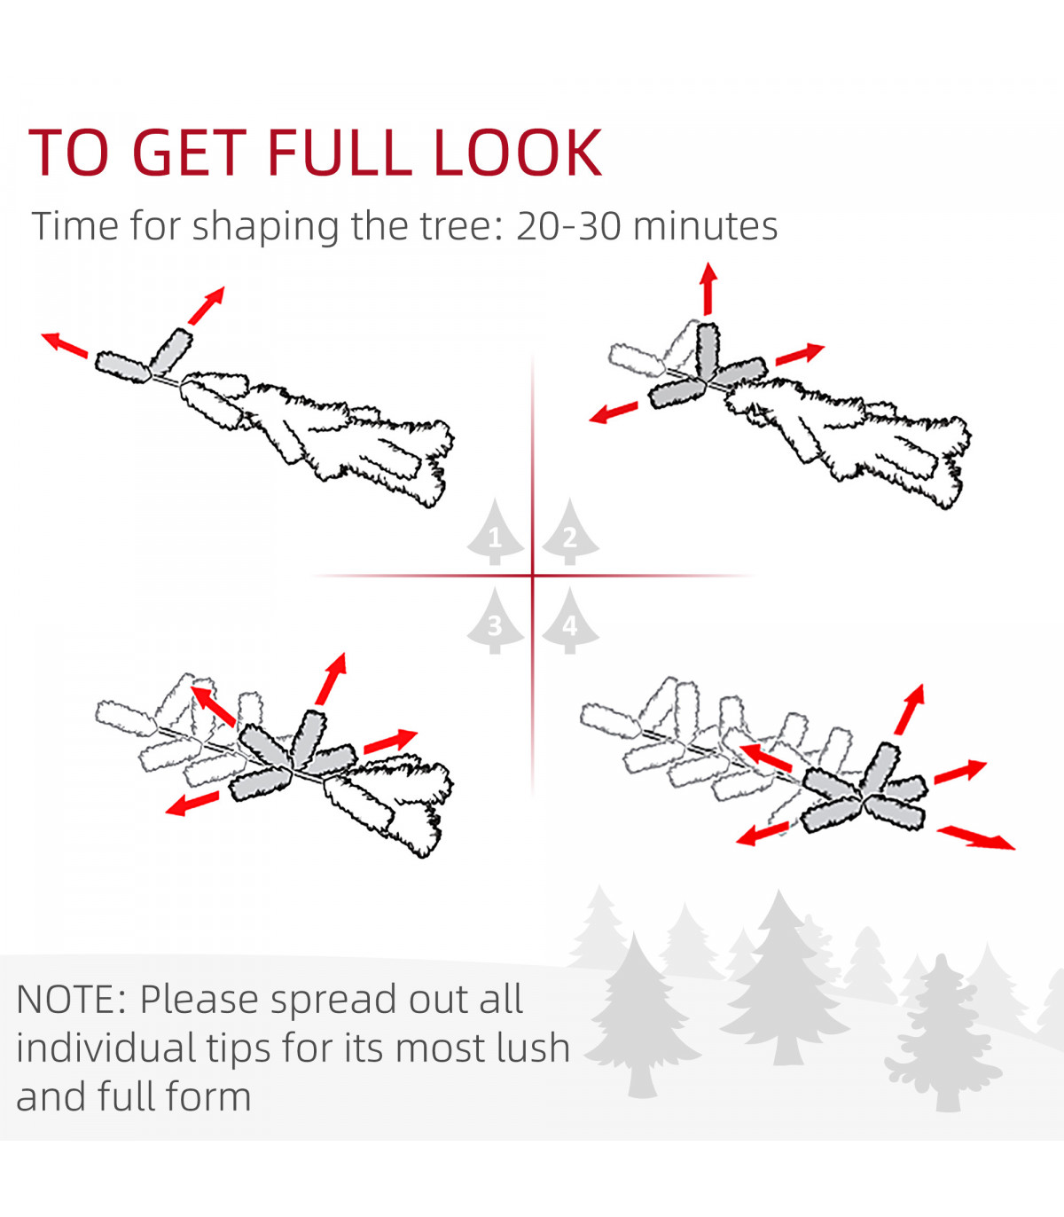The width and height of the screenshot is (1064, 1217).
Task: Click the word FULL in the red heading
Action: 340,153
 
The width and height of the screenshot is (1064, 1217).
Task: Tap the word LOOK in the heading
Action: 518,153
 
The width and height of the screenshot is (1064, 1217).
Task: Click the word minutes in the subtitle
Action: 705,226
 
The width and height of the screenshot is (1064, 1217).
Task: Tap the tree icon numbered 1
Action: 495,532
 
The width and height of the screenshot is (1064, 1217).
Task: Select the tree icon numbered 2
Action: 570,532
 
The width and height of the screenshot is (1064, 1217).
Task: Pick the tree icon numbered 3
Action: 495,621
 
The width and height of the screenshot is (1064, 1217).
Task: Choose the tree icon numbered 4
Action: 570,621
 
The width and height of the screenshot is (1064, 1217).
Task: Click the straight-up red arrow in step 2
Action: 708,288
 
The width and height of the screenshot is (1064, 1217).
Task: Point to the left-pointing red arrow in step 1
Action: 64,346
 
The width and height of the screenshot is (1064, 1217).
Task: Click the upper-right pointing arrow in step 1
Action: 207,306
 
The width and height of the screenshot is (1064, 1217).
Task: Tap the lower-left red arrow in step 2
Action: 614,412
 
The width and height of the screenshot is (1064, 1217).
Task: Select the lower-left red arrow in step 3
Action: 192,804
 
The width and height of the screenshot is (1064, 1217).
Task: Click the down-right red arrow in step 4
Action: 975,837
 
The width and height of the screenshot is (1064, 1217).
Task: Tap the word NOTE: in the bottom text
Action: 71,1000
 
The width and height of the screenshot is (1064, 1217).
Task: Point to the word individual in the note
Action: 106,1048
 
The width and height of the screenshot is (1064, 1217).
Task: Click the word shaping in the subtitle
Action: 265,227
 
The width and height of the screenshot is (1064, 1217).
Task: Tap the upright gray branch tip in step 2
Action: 707,351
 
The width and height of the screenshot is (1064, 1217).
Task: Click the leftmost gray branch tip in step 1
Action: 122,367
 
